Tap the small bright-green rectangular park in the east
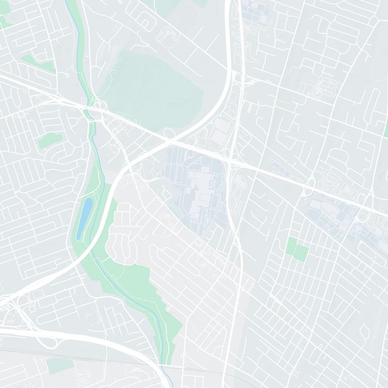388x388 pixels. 297,248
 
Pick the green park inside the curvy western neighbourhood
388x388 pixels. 50,140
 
